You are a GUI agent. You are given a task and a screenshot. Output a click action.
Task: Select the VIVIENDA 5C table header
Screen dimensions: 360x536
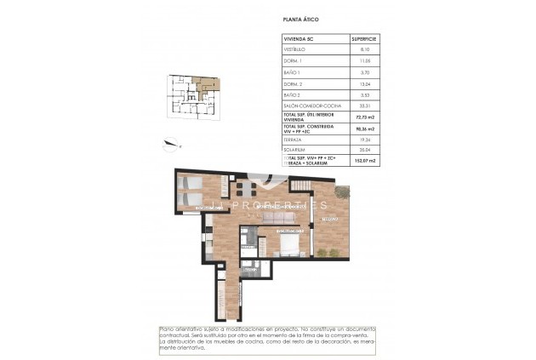pos(298,39)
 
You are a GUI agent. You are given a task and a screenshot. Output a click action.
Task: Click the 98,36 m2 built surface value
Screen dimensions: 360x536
pos(364,129)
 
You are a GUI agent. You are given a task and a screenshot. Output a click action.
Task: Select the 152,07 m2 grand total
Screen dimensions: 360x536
pos(364,159)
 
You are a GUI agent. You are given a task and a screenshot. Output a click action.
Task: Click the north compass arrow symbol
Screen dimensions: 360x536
pos(172,144)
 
